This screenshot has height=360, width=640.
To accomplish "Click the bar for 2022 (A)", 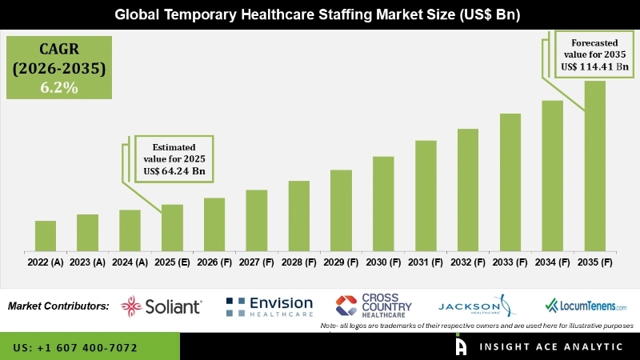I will [46, 235].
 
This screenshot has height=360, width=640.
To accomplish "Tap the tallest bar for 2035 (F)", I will [594, 165].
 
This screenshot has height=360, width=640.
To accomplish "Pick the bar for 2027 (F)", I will [256, 220].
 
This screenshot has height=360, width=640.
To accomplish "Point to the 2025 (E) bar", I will [172, 227].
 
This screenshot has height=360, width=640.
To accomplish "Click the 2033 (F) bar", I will [510, 182].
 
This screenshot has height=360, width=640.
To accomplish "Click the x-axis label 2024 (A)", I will [130, 262].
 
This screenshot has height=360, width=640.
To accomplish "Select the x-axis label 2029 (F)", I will [341, 262].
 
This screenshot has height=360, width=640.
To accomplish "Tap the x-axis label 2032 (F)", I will [468, 262].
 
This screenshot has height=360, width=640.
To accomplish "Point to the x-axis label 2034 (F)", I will [552, 262].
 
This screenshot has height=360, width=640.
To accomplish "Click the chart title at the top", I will [320, 14].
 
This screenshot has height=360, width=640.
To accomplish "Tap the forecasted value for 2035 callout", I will [597, 54].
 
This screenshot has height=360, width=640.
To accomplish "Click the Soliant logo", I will [162, 306].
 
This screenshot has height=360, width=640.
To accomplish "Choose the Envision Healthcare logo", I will [270, 306].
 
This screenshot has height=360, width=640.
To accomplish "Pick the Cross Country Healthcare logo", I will [374, 305].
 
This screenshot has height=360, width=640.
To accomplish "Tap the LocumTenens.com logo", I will [586, 306].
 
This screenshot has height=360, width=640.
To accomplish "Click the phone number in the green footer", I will [75, 348].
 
